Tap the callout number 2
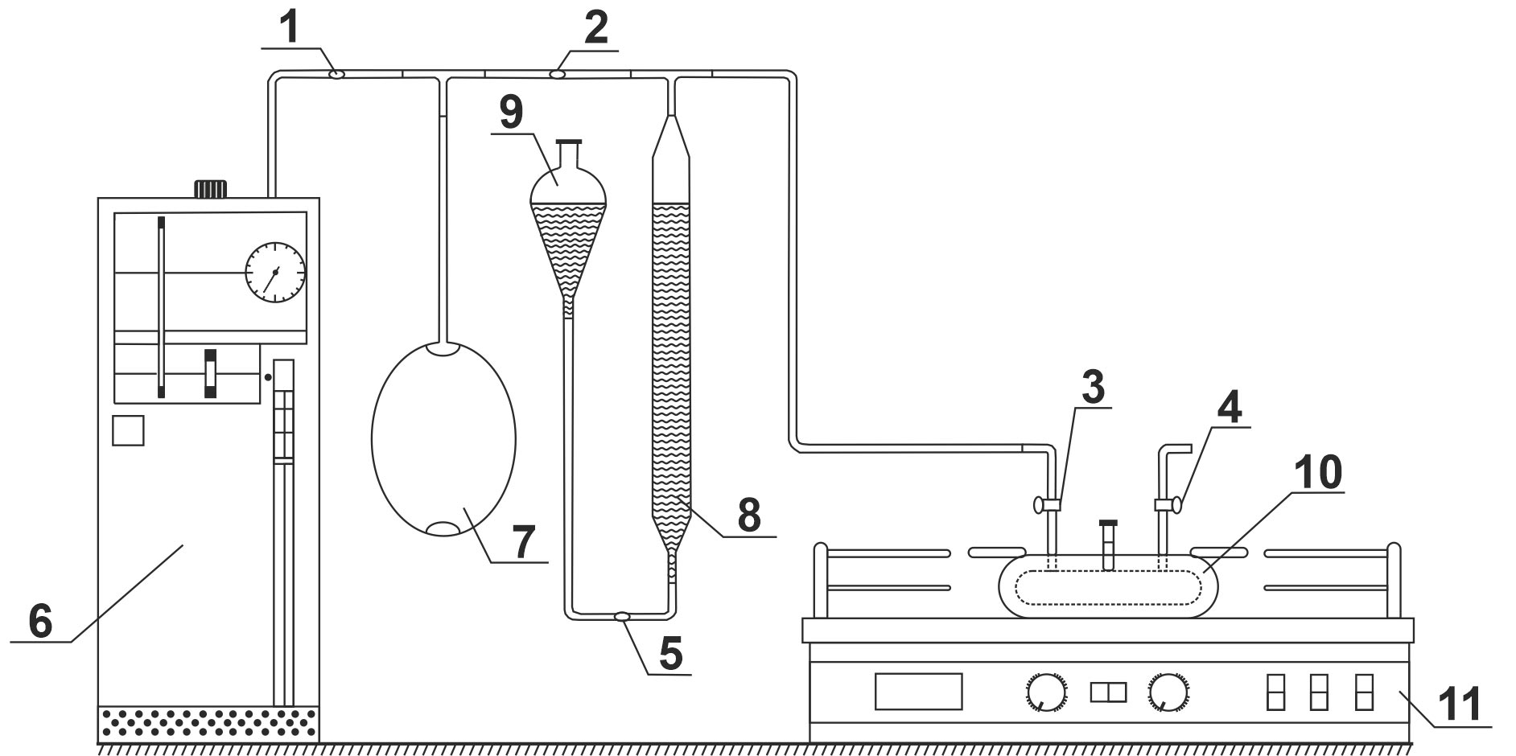595,29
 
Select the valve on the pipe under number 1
337,75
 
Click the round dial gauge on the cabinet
275,272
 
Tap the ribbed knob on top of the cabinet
211,188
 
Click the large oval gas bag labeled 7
443,439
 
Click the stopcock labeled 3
1047,505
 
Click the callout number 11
1460,705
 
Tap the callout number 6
40,620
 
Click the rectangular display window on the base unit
918,692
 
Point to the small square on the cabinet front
128,430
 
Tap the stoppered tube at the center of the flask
1109,544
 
